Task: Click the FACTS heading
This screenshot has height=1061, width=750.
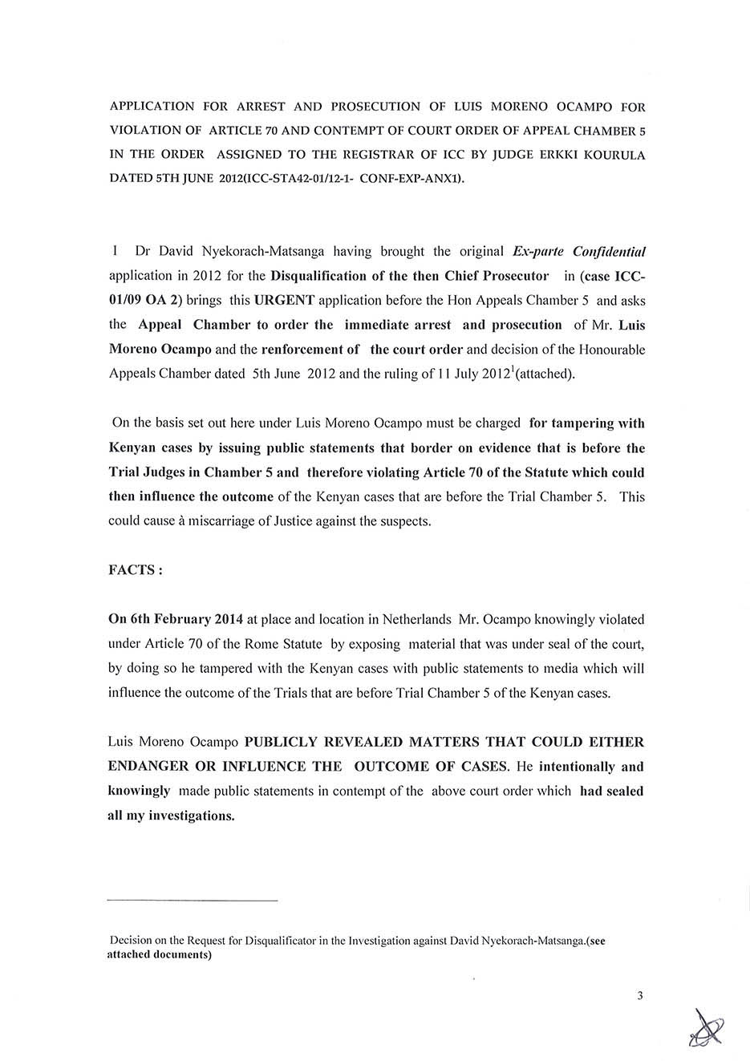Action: [x=136, y=569]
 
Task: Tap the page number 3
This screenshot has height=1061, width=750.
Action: [x=639, y=996]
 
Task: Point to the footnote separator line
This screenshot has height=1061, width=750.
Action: [x=193, y=901]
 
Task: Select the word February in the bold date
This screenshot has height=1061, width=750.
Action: [x=176, y=619]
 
